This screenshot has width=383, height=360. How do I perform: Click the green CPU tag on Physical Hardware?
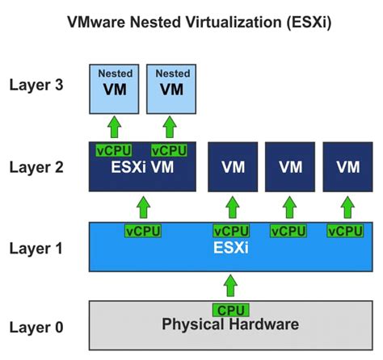coord(230,310)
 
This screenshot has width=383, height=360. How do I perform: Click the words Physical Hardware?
coord(230,324)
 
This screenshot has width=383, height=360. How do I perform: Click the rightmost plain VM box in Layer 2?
coord(347,167)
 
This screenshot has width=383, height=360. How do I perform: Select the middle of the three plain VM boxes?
coord(290,167)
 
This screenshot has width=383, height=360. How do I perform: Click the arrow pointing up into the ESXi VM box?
coord(143,207)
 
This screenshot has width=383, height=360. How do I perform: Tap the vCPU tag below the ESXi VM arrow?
coord(143,231)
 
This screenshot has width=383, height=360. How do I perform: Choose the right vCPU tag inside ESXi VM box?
coord(169,151)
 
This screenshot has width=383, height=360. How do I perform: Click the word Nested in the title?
coord(166,23)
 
